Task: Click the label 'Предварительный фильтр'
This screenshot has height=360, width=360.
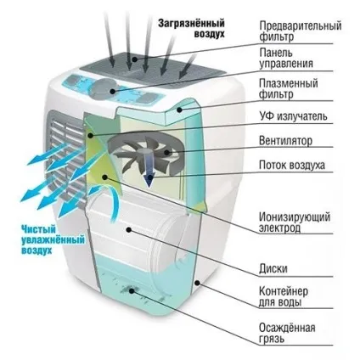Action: [301, 31]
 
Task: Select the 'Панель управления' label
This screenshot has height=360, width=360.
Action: [286, 58]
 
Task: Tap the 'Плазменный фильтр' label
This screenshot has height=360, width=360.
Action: [289, 88]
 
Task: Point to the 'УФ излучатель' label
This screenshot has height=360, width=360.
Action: [293, 116]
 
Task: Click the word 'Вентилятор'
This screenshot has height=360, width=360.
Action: [285, 141]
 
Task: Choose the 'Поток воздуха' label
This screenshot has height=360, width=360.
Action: [292, 165]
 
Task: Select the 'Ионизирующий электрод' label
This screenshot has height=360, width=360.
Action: [295, 222]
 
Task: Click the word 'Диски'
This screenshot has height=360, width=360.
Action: [273, 268]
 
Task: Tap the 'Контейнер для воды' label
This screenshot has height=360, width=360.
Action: [284, 296]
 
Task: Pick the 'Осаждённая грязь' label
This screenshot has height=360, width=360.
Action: [287, 334]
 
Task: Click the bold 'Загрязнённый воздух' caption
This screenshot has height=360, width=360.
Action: [191, 28]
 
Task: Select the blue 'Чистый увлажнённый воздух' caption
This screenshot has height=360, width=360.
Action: [53, 240]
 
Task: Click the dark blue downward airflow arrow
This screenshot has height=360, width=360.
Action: [149, 169]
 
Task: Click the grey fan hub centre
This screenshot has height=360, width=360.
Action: [148, 150]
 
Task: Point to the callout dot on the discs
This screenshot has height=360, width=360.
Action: [129, 230]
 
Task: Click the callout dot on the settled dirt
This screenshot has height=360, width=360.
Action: [132, 290]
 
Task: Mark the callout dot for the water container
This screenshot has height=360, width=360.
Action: [198, 282]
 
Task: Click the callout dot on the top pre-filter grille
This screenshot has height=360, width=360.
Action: [135, 59]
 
